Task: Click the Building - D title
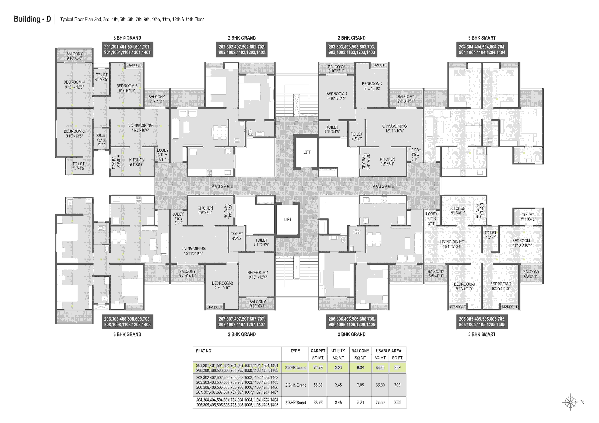click(x=32, y=19)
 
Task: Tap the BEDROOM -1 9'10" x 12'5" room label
click(x=74, y=84)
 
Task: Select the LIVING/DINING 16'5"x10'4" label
click(x=140, y=128)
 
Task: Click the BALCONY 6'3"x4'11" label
click(x=531, y=274)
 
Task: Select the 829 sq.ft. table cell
click(x=397, y=403)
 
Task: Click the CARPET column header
click(x=318, y=351)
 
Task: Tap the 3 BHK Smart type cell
click(x=296, y=403)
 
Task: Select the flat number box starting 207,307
click(x=242, y=322)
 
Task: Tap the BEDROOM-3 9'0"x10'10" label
click(x=464, y=286)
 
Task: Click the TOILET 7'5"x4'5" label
click(x=79, y=166)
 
